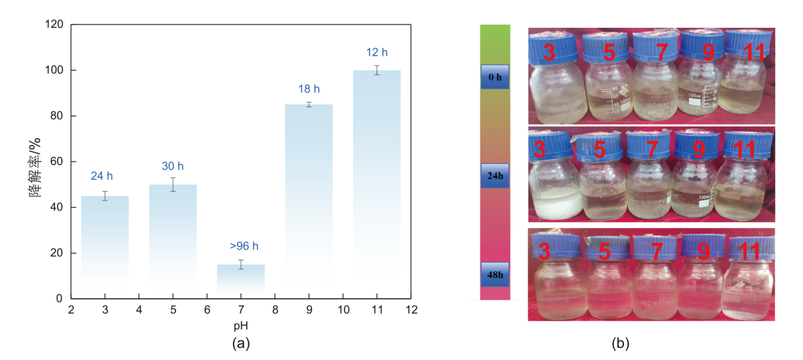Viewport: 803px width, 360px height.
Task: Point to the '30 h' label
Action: pyautogui.click(x=173, y=166)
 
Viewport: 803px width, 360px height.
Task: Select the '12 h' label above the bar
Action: pyautogui.click(x=377, y=52)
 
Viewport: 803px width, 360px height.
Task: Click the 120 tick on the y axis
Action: pyautogui.click(x=55, y=25)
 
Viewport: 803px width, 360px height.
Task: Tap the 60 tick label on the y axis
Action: pyautogui.click(x=58, y=162)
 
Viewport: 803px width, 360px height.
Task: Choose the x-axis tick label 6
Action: pyautogui.click(x=207, y=310)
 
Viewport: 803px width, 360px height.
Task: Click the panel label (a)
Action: pyautogui.click(x=241, y=344)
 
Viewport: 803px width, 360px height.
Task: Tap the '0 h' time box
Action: pyautogui.click(x=495, y=77)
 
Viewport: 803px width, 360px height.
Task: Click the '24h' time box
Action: pyautogui.click(x=495, y=175)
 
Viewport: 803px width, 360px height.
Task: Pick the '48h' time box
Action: pyautogui.click(x=495, y=275)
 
